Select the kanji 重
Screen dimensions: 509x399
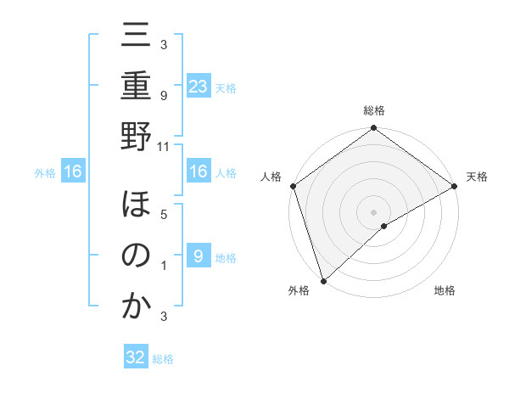pos(136,87)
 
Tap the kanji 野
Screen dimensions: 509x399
pos(136,137)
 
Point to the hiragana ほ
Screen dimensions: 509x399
pos(136,206)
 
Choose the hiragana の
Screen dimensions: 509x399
pos(136,256)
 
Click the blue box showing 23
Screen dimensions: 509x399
pos(198,86)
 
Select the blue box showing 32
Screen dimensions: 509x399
pos(136,357)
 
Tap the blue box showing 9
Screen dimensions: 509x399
pos(198,256)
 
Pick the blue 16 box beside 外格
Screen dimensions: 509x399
pos(73,172)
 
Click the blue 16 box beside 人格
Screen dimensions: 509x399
pos(198,172)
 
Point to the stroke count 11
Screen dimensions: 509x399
pos(163,147)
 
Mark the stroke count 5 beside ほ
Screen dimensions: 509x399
pos(163,215)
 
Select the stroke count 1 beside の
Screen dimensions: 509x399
pos(163,265)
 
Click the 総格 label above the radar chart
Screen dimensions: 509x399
pos(373,110)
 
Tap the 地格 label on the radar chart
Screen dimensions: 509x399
pos(445,290)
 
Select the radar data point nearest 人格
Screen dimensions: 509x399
pos(293,186)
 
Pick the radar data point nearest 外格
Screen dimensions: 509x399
pos(323,280)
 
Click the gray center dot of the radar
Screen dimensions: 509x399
pos(373,211)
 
